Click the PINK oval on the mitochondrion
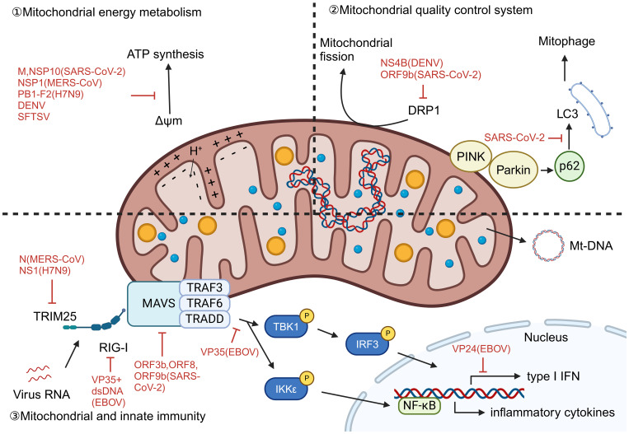click(x=471, y=156)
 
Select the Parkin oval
click(x=514, y=170)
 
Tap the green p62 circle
click(x=569, y=166)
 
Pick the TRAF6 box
click(x=204, y=303)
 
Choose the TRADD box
click(x=204, y=319)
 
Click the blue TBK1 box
click(x=286, y=327)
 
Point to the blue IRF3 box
click(x=367, y=343)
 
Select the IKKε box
click(x=286, y=389)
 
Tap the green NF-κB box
click(x=419, y=405)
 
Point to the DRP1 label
click(x=424, y=110)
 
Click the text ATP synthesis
click(x=165, y=54)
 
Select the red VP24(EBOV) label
click(x=481, y=349)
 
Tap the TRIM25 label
click(x=55, y=316)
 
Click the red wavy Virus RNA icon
click(x=39, y=374)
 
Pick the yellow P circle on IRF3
click(x=387, y=333)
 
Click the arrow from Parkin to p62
click(x=547, y=170)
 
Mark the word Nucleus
click(x=546, y=338)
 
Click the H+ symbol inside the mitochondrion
click(x=195, y=151)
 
